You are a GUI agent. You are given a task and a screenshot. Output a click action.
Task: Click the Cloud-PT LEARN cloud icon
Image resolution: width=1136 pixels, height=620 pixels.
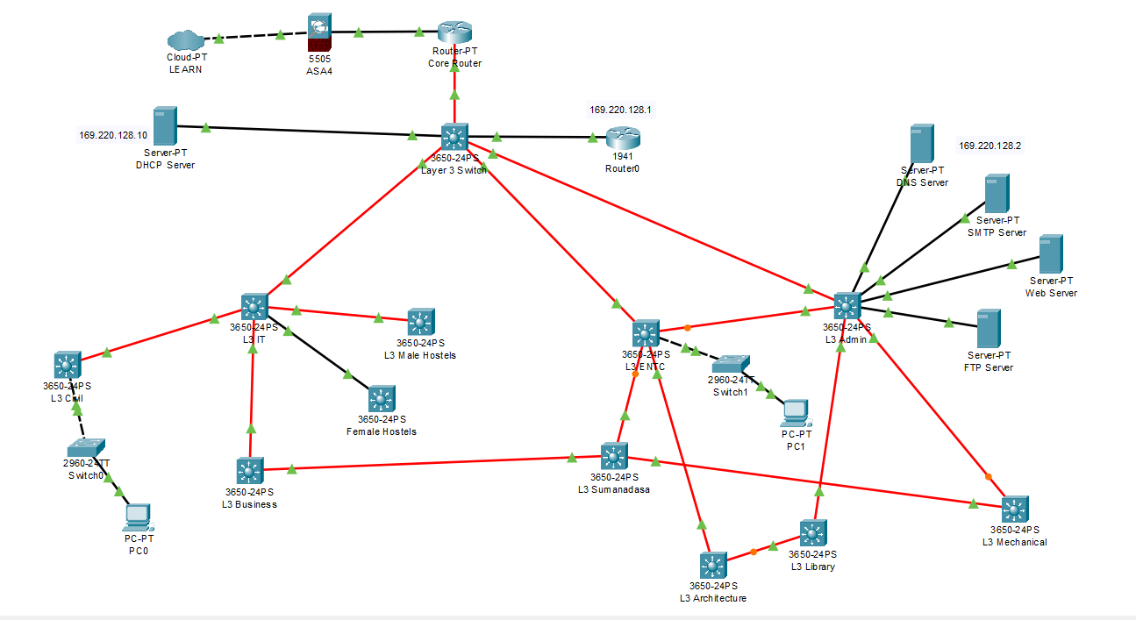[185, 40]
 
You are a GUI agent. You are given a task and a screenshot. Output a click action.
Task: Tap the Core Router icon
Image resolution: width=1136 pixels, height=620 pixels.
[454, 32]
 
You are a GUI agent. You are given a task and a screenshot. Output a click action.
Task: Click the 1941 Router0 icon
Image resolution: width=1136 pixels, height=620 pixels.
[623, 138]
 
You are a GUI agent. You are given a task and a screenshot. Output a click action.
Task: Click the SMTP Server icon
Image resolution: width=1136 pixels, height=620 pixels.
[996, 193]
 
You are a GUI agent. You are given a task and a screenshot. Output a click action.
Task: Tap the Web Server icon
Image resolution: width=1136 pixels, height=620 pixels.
[1051, 253]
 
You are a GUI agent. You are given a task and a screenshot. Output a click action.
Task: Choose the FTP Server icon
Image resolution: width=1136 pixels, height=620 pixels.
[989, 328]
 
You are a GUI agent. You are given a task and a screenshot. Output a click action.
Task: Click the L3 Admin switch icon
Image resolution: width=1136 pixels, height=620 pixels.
[847, 306]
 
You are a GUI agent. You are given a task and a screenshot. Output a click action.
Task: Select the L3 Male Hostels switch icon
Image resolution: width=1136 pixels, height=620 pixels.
[420, 322]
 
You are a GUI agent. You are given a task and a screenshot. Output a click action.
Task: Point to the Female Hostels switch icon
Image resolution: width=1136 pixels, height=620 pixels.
[382, 400]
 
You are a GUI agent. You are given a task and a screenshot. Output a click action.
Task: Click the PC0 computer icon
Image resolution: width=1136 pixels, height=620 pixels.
[138, 517]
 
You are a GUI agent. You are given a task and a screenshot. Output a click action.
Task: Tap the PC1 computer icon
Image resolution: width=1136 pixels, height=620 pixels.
[795, 411]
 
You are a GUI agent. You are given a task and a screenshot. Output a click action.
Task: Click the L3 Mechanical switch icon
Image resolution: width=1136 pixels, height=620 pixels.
[1014, 510]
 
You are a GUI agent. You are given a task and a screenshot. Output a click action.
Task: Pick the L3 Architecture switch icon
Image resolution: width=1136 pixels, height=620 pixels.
[713, 566]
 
